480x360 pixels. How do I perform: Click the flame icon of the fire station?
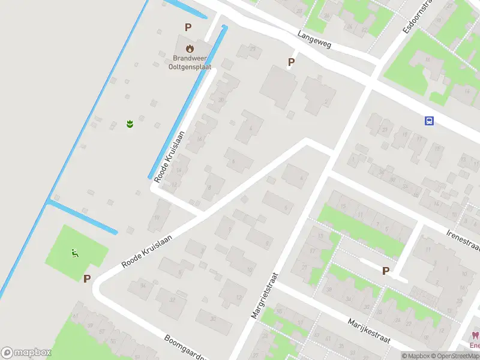point(190,47)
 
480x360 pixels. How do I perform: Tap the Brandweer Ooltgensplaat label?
point(190,62)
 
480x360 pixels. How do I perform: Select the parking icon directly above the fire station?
point(188,27)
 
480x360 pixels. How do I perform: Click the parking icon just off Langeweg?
point(292,62)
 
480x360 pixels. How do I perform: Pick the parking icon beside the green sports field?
point(87,278)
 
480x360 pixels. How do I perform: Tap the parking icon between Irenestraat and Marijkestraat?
point(385,271)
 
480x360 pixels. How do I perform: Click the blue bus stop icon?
point(429,121)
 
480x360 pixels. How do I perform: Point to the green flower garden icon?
point(130,124)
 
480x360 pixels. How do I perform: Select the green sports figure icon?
point(75,254)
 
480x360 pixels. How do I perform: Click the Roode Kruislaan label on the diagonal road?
point(146,251)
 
